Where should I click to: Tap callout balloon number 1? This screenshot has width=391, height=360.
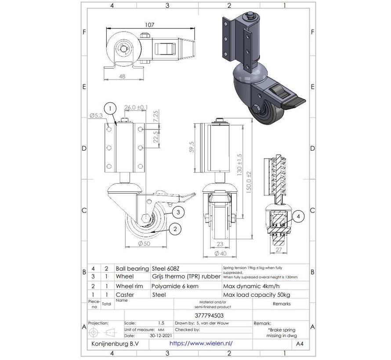click(111, 108)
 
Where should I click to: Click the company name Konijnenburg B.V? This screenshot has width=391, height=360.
click(112, 344)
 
